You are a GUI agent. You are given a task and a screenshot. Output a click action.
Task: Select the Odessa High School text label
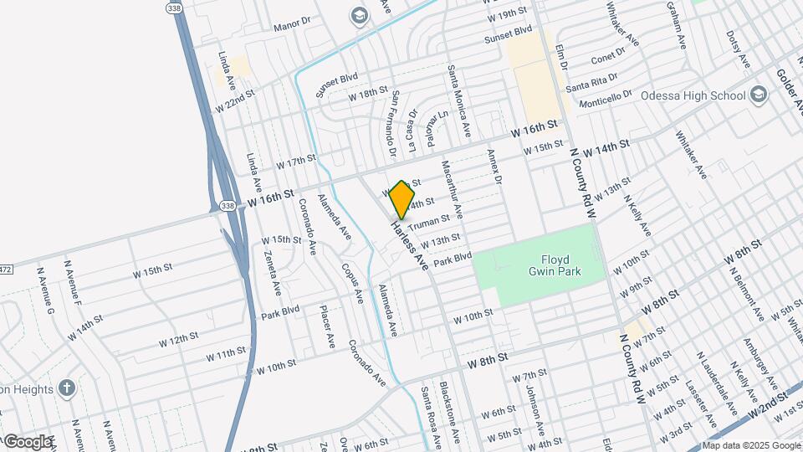(x=693, y=95)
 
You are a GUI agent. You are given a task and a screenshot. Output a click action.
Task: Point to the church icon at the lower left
(x=67, y=388)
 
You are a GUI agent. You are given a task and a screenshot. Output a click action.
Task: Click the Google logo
(x=27, y=441)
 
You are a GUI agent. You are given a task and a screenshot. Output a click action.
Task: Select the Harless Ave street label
(x=410, y=243)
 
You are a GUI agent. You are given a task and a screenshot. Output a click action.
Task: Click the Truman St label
(x=431, y=220)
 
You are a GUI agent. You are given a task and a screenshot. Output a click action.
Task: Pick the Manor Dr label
(x=292, y=24)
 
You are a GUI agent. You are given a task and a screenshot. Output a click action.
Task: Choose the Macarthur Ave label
(x=453, y=190)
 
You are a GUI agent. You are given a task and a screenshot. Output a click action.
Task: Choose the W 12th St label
(x=177, y=340)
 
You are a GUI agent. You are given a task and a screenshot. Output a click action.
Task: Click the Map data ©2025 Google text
(x=749, y=445)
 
